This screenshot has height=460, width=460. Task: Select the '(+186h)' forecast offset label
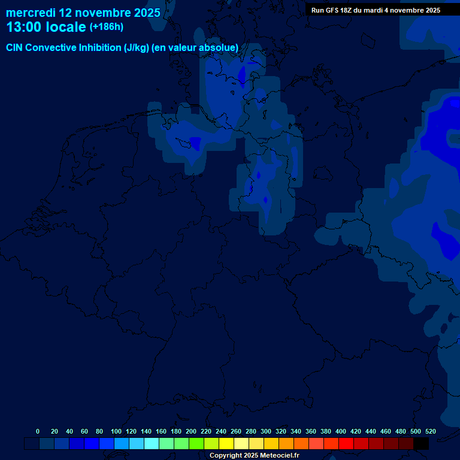pos(107,27)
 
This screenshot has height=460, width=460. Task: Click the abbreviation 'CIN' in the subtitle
pos(16,47)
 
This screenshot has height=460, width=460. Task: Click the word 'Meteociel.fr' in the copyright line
pos(279,456)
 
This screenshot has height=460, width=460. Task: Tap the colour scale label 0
pos(38,431)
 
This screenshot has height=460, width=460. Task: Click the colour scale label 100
pos(116,431)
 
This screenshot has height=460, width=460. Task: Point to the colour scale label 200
pos(191,431)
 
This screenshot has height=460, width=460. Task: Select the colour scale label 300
pos(266,431)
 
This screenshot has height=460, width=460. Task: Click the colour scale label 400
pos(341,431)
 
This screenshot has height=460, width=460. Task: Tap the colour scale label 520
pos(430,431)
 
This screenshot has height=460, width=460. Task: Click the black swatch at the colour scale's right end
pos(421,444)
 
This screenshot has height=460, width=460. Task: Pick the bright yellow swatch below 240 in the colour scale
pos(226,444)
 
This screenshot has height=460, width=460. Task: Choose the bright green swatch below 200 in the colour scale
pos(196,444)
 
